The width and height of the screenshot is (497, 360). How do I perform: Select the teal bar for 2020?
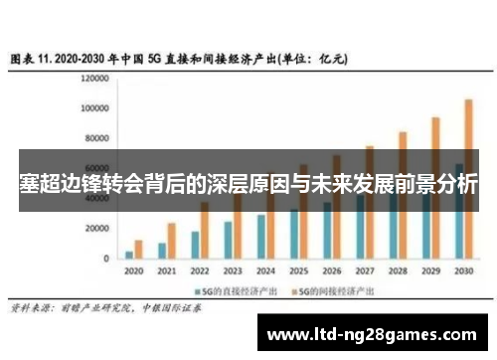point(128,255)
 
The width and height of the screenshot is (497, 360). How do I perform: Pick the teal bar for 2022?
point(195,245)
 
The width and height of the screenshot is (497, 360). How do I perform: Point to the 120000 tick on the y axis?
point(94,78)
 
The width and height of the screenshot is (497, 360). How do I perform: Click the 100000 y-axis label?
point(94,107)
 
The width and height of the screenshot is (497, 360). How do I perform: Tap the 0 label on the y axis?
point(105,259)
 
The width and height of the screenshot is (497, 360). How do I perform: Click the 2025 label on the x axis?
point(297,270)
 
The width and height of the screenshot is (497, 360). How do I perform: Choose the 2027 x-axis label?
point(364,270)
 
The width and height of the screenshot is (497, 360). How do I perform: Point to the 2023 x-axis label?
point(232,270)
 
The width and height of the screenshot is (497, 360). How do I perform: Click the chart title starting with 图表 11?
point(179,59)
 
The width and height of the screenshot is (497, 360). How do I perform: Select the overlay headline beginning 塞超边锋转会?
point(248,184)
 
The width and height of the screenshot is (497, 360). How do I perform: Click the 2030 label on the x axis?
point(463,270)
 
